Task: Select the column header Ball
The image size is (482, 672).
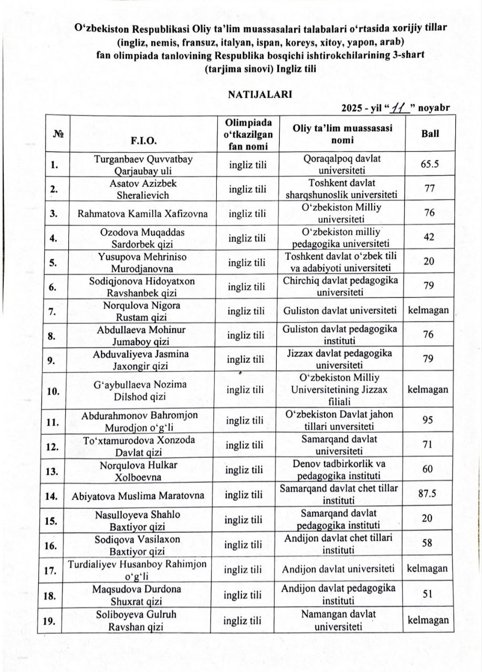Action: [430, 133]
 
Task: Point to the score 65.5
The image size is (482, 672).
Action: [430, 164]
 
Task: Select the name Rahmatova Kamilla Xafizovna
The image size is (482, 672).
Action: [142, 214]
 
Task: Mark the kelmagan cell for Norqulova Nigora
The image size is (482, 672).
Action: [428, 310]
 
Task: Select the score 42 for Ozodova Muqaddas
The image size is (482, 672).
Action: [428, 237]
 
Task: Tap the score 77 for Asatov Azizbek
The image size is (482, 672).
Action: [428, 189]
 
